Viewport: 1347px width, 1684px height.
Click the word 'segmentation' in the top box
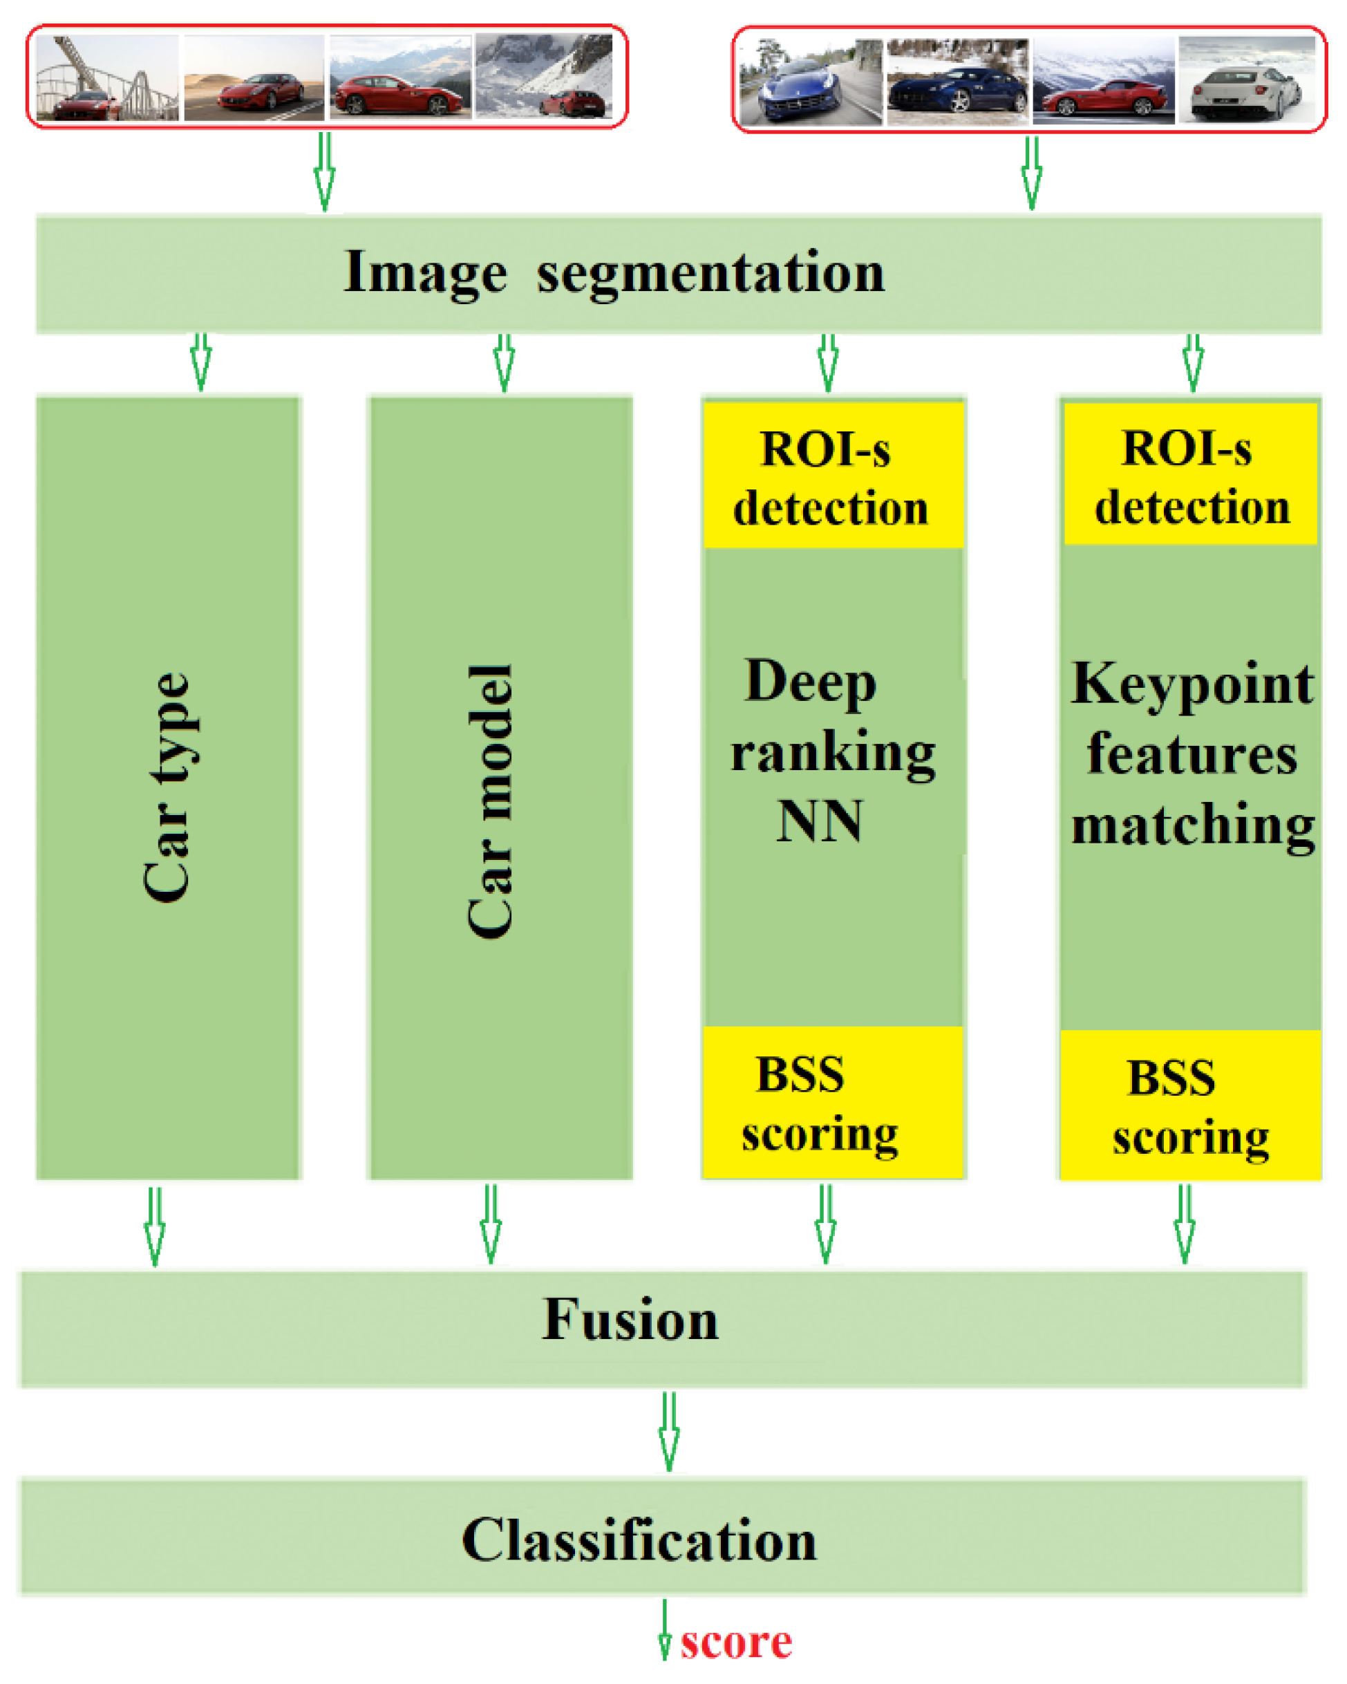[x=710, y=272]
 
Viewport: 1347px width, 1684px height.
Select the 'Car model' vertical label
[x=491, y=801]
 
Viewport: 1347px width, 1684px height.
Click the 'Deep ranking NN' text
[x=831, y=750]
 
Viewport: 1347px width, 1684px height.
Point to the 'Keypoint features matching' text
[x=1192, y=753]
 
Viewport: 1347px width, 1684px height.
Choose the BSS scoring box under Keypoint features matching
[x=1190, y=1105]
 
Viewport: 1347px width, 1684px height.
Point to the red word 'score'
[x=735, y=1643]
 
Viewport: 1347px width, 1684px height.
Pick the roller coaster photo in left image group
[x=107, y=78]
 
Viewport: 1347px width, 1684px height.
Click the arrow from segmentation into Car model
[x=504, y=362]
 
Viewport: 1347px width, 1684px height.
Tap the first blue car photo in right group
[x=811, y=83]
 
